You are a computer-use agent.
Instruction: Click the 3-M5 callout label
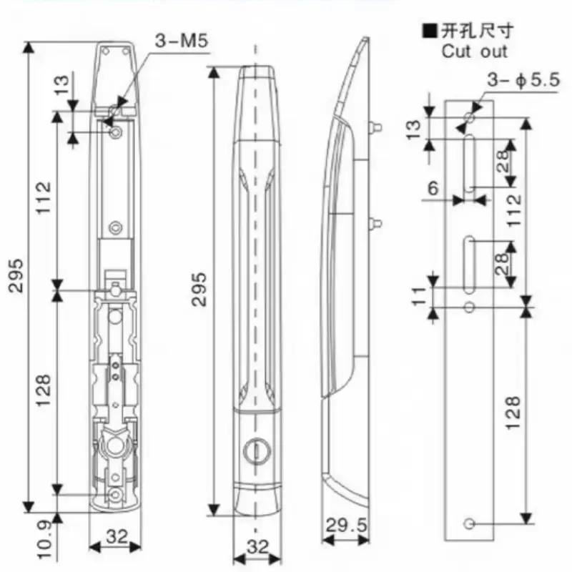pyautogui.click(x=182, y=40)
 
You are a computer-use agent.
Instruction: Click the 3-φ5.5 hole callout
pyautogui.click(x=523, y=79)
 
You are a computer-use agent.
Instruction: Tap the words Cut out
pyautogui.click(x=474, y=51)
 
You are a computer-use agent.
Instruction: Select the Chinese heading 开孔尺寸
pyautogui.click(x=478, y=31)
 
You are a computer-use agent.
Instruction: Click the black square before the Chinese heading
pyautogui.click(x=430, y=31)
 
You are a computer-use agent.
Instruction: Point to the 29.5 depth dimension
pyautogui.click(x=346, y=526)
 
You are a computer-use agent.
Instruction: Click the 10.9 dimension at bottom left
pyautogui.click(x=45, y=541)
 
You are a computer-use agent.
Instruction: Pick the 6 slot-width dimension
pyautogui.click(x=433, y=188)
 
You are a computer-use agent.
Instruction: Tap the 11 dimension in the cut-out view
pyautogui.click(x=420, y=296)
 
